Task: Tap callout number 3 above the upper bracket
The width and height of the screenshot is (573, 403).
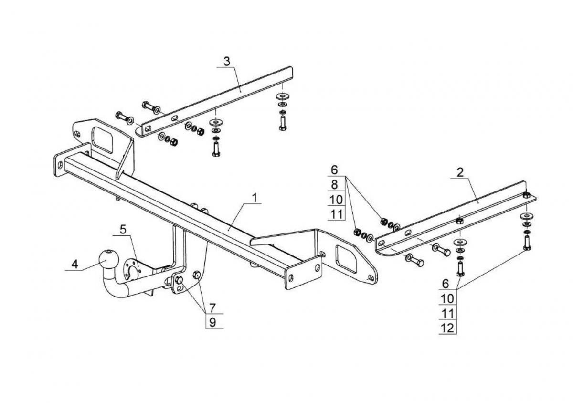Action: (x=227, y=62)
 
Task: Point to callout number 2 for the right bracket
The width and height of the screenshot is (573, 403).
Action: (x=460, y=173)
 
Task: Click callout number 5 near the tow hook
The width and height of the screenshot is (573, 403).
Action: (x=123, y=230)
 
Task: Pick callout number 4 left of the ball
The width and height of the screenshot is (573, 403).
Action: (x=74, y=264)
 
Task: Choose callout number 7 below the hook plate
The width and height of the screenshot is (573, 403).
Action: (x=212, y=308)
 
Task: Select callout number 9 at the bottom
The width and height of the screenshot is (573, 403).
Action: (x=212, y=322)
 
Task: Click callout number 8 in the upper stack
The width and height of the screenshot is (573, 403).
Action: (x=334, y=184)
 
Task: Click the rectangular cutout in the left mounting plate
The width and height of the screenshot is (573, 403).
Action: (x=103, y=140)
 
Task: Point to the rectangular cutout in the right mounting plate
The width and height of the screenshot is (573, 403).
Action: (x=347, y=259)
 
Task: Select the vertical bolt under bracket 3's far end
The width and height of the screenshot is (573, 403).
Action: (x=282, y=123)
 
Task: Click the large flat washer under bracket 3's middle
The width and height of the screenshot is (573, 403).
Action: (x=216, y=122)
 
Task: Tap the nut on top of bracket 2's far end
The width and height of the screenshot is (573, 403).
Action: (x=525, y=195)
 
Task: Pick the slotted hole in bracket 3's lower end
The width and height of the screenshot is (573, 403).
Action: (x=147, y=129)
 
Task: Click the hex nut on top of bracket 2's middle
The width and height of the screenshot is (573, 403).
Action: (x=460, y=221)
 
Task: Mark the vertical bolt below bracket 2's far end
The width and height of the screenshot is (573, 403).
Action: (x=527, y=244)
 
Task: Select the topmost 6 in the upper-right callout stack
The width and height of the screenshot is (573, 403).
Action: (x=334, y=170)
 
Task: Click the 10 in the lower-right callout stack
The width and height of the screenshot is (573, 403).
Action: (x=448, y=298)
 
